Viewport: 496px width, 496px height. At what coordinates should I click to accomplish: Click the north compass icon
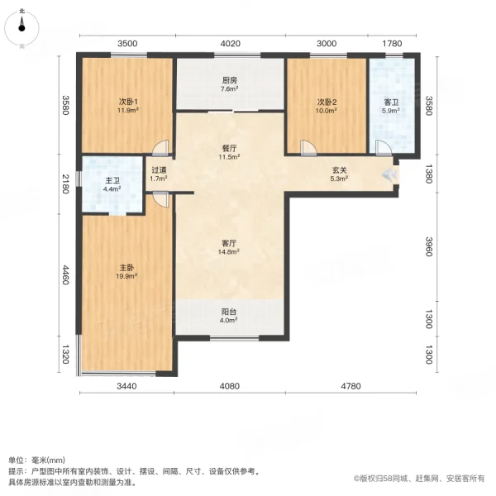click(22, 26)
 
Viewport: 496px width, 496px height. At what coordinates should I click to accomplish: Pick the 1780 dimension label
click(392, 44)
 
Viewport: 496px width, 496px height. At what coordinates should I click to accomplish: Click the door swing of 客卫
click(382, 148)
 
